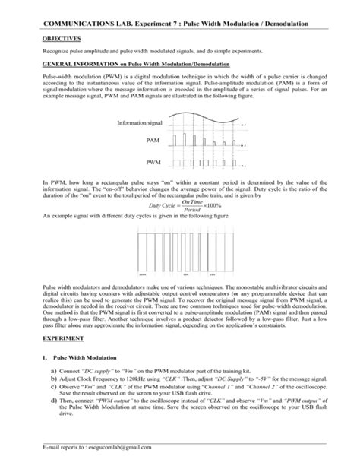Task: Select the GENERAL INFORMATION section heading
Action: point(120,64)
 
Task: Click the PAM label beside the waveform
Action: point(152,141)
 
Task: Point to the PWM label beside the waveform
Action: point(152,163)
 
